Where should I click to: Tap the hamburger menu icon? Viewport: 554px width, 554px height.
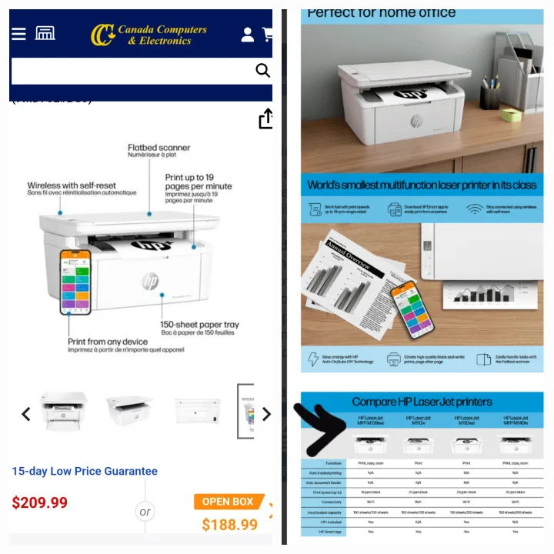pos(18,34)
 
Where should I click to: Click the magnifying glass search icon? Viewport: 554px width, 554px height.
pos(262,71)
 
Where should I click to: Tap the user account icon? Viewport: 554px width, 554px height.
pos(248,35)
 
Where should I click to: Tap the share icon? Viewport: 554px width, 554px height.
pos(265,119)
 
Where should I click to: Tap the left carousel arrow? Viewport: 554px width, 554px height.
pos(25,415)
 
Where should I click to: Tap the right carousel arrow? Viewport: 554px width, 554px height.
pos(266,415)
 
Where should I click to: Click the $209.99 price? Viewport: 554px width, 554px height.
pos(40,503)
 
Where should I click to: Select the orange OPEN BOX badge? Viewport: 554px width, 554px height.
pos(229,502)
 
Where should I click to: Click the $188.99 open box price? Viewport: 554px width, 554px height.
pos(229,525)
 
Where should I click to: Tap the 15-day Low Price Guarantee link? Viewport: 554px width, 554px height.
pos(85,471)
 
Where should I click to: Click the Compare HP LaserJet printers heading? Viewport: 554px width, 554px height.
pos(422,402)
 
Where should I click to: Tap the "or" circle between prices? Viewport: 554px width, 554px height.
pos(145,512)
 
